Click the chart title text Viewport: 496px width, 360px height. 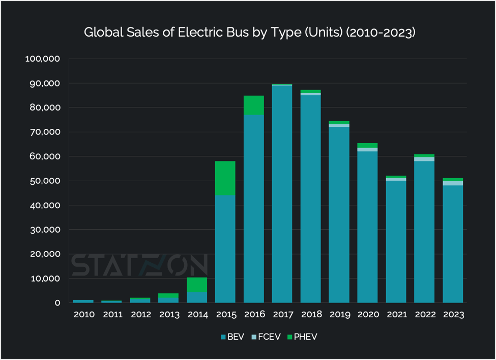[250, 33]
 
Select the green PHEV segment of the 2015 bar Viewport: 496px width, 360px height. [225, 178]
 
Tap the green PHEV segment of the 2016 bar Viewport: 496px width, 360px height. [254, 105]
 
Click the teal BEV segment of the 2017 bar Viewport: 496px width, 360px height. [282, 193]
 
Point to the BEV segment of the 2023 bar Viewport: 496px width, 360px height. [453, 244]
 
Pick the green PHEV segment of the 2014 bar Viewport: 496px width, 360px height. [197, 285]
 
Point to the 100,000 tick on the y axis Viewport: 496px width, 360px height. [43, 59]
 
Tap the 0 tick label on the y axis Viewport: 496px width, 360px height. [57, 303]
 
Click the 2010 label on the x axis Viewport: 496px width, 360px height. [84, 315]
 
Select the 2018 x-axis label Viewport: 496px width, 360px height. [311, 315]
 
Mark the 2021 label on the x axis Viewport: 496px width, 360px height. [396, 315]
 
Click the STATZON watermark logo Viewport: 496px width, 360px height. [138, 265]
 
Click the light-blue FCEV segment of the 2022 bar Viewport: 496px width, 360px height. [424, 159]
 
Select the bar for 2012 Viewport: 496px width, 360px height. [140, 300]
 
